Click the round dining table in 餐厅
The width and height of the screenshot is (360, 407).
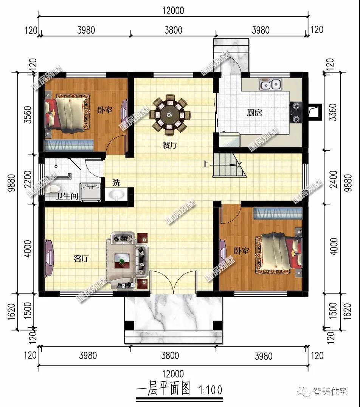click(170, 115)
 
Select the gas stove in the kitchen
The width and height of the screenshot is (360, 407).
click(296, 113)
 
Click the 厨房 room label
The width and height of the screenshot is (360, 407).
click(254, 113)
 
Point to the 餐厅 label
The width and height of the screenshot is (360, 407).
click(170, 145)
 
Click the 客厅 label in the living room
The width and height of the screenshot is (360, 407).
click(81, 258)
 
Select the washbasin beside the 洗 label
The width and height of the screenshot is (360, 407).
click(116, 194)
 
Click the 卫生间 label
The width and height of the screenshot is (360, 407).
click(67, 196)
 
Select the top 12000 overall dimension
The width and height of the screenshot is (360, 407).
click(173, 11)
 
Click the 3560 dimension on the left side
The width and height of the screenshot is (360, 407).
click(28, 115)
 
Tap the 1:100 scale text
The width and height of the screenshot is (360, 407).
click(210, 390)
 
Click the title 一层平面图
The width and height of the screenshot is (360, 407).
click(163, 388)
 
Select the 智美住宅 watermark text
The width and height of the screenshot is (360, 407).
click(330, 392)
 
